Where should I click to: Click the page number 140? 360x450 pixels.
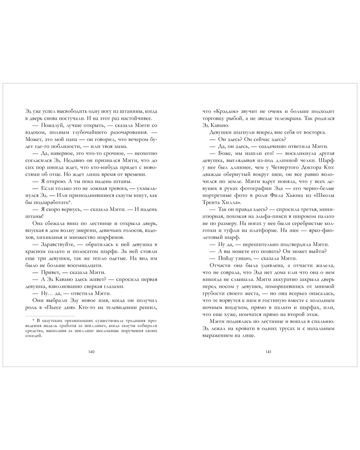pyautogui.click(x=91, y=352)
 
